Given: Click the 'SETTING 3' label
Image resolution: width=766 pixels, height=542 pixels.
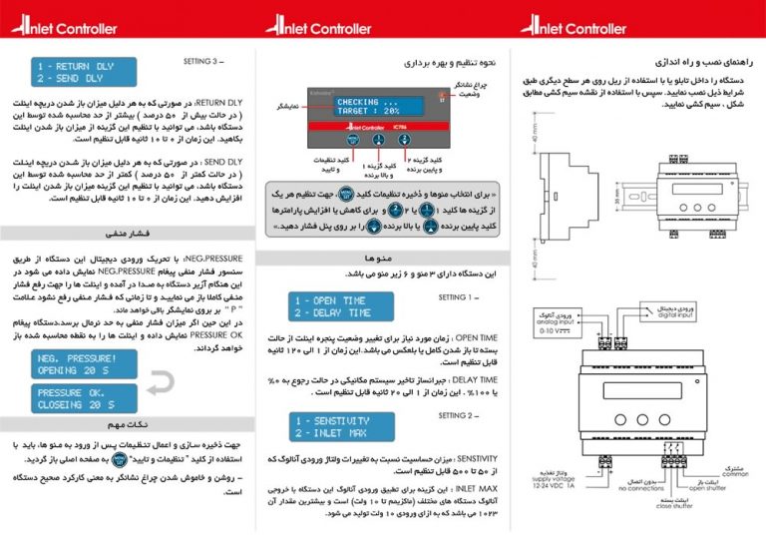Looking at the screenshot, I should coord(205,61).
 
